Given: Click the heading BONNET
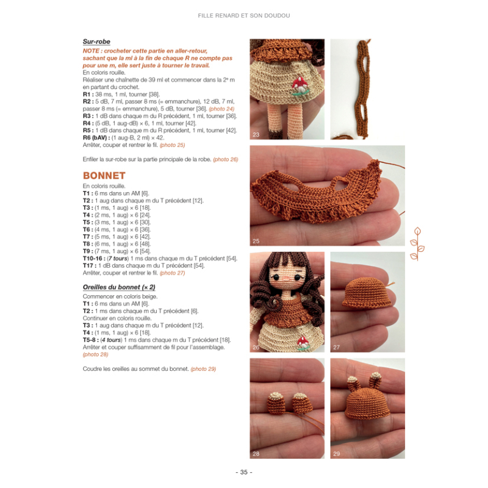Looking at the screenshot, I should (x=104, y=175).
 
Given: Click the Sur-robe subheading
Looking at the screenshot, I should (x=96, y=42).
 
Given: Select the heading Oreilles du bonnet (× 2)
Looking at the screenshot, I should (x=119, y=287).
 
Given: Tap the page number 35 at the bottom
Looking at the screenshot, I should (x=243, y=472).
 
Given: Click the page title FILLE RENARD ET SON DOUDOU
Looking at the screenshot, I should (x=243, y=15).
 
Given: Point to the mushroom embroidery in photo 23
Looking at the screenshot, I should (x=299, y=87).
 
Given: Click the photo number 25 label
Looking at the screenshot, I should (x=256, y=241).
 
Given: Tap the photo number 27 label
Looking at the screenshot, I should (x=337, y=347).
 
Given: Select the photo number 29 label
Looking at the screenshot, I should (x=337, y=453).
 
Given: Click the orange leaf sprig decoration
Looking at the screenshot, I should (x=418, y=244).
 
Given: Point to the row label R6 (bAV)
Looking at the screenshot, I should (x=95, y=138).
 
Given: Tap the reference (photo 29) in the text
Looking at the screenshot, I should (x=203, y=368).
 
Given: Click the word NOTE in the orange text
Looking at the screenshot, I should (x=91, y=51).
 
